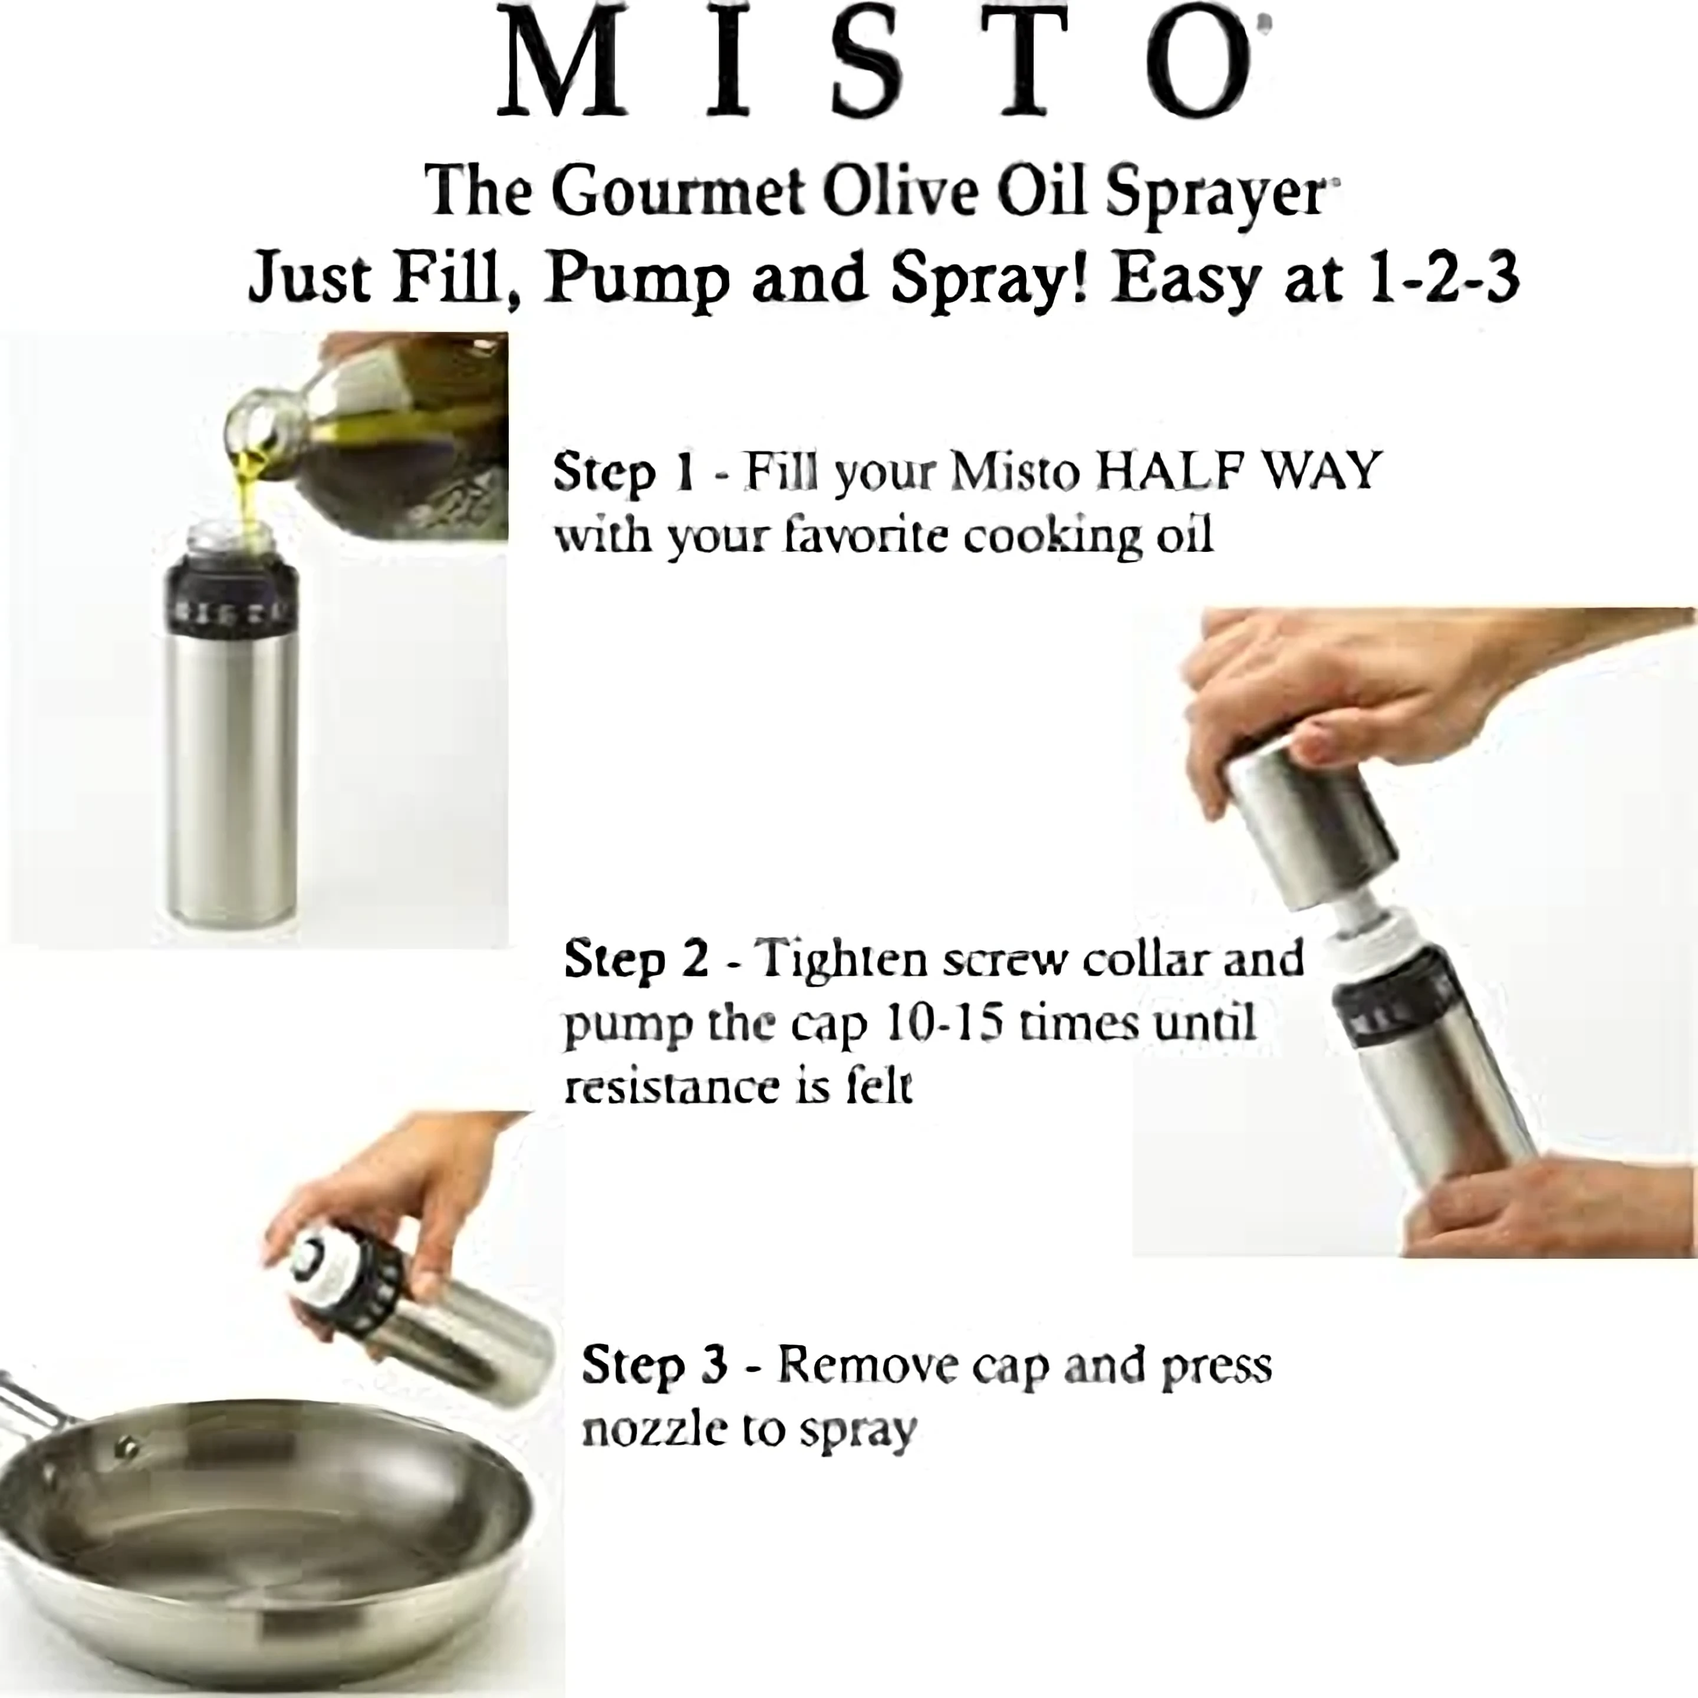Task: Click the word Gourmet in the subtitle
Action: pyautogui.click(x=679, y=190)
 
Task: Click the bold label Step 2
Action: pyautogui.click(x=636, y=958)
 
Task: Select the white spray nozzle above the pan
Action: pyautogui.click(x=313, y=1263)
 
